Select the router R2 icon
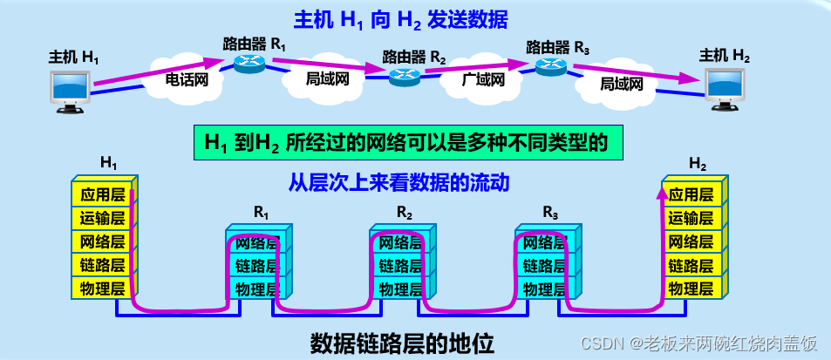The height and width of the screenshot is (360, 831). pos(403,76)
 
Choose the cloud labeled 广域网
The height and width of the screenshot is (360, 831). pos(482,79)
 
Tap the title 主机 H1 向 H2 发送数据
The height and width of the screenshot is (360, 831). pos(400,18)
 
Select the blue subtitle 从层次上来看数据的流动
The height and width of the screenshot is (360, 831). pos(398,183)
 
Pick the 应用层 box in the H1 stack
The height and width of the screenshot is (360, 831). pos(103,195)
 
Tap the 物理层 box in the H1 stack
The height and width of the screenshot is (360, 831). pos(103,288)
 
